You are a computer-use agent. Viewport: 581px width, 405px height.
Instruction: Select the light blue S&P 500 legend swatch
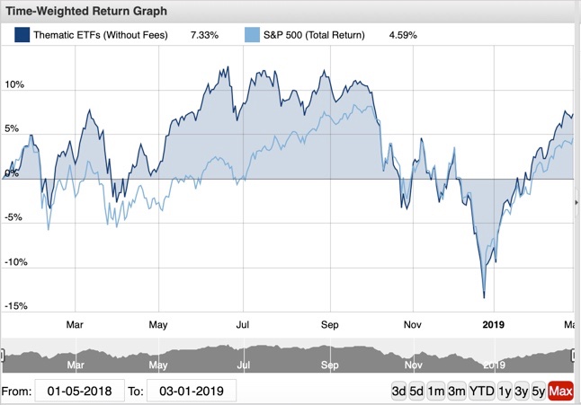tap(253, 36)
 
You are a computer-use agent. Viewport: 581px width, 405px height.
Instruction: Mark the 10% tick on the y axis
tap(14, 85)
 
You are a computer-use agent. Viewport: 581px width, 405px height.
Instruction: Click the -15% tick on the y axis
tap(14, 307)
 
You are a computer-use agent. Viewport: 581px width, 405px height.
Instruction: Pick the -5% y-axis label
tap(14, 218)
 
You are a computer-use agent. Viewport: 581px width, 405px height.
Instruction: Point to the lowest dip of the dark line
tap(484, 297)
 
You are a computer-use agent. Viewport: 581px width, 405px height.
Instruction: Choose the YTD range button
tap(482, 392)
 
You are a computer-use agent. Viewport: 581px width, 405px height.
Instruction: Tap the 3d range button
tap(399, 392)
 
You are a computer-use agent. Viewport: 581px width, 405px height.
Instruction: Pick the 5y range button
tap(537, 392)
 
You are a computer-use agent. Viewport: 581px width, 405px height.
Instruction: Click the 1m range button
tap(436, 392)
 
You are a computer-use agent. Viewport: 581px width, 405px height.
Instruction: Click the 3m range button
tap(457, 392)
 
